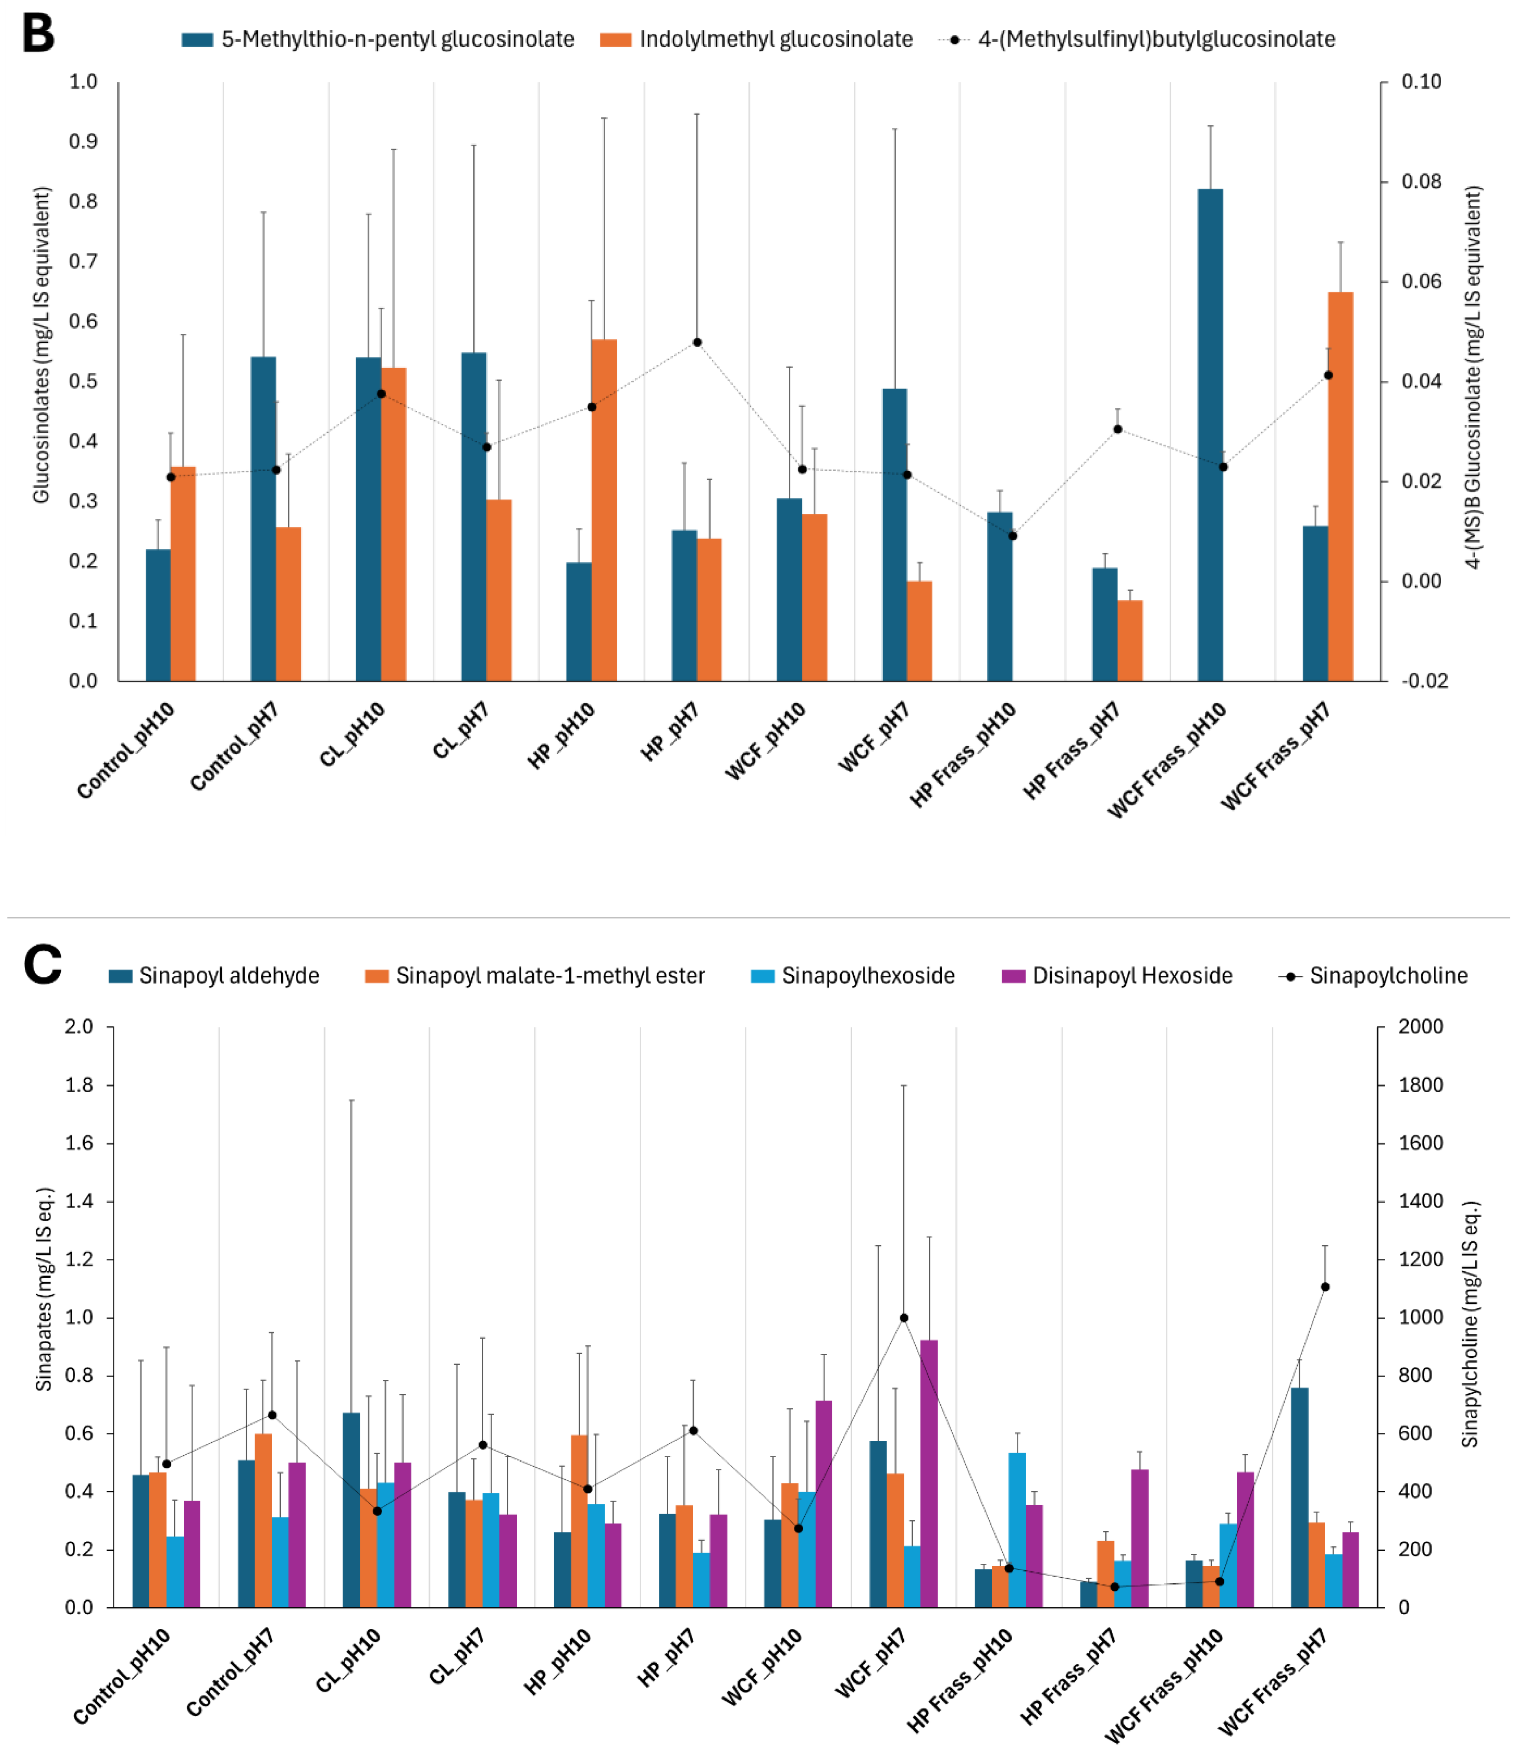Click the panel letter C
43,965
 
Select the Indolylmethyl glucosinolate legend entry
775,39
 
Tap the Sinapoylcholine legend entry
1388,976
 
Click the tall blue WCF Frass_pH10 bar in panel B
1210,434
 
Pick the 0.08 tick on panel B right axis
1421,181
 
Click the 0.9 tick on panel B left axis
83,142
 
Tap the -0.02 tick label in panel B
1424,681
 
